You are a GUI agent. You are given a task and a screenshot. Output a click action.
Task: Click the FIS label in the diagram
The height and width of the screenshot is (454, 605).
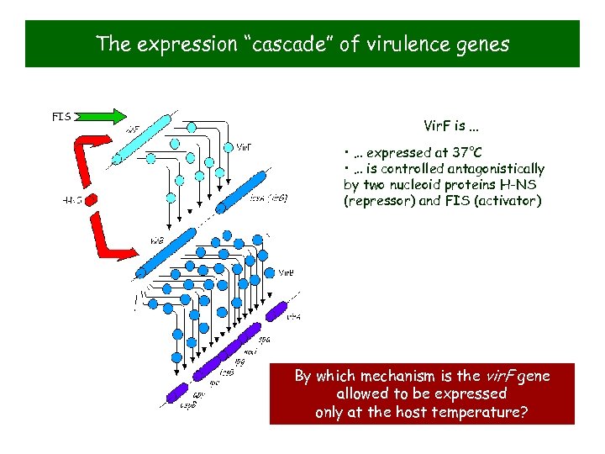[61, 116]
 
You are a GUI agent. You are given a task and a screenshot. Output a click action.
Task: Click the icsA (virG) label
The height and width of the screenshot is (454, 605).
[269, 198]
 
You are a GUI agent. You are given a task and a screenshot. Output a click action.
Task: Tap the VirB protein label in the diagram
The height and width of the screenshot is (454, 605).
[286, 272]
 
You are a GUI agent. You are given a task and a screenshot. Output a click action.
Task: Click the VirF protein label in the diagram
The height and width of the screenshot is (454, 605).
[243, 147]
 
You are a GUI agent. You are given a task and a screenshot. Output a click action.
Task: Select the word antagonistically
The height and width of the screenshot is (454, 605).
[493, 169]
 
